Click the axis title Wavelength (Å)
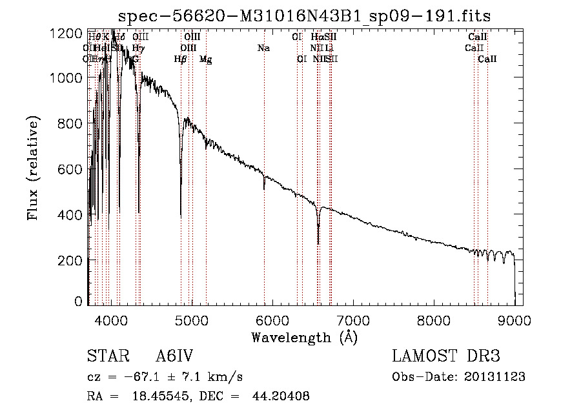(x=304, y=337)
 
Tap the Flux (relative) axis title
(x=33, y=168)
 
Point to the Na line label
(x=263, y=48)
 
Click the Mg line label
(x=205, y=59)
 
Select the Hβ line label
(x=181, y=59)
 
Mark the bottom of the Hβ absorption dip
(x=181, y=216)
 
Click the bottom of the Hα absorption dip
(x=318, y=243)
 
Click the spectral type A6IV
(x=174, y=357)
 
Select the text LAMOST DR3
(x=446, y=357)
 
